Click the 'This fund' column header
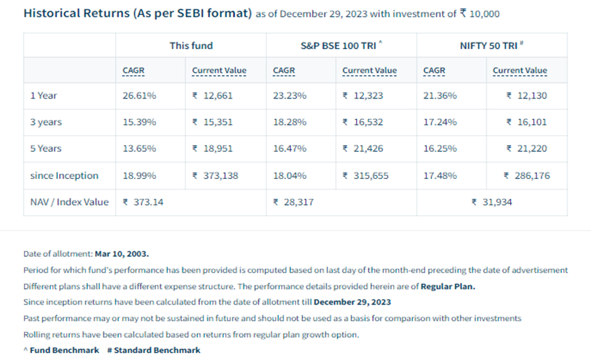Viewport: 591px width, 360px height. (x=191, y=45)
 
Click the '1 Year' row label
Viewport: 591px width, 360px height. (x=43, y=95)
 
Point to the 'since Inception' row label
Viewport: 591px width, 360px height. (x=64, y=175)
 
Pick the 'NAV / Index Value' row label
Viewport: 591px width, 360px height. (x=69, y=202)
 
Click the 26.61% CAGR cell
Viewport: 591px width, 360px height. (x=140, y=95)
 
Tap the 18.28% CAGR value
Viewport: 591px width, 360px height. (x=290, y=122)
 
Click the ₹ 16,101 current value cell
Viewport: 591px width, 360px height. (x=526, y=122)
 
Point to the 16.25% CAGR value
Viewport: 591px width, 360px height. (x=440, y=148)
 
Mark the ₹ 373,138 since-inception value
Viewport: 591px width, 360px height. (x=215, y=175)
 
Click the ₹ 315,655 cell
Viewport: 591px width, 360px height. (x=365, y=175)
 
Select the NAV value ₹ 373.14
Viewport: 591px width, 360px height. (x=143, y=202)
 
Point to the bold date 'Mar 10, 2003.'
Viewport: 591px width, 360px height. (x=122, y=254)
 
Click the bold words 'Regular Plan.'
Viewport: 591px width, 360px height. (x=448, y=286)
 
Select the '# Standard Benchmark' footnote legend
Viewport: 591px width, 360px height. (x=153, y=350)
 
